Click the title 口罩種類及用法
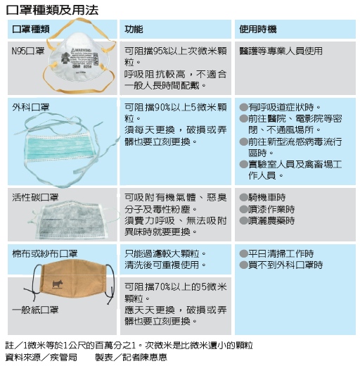[52, 10]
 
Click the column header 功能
[134, 30]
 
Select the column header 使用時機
[258, 30]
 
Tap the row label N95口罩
[28, 51]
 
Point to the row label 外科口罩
[31, 107]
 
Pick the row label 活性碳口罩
[35, 197]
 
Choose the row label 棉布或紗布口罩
[45, 253]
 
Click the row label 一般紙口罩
[35, 310]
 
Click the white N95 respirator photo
[79, 56]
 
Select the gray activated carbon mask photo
[70, 220]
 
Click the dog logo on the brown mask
[58, 284]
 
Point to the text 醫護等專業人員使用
[281, 51]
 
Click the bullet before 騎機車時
[244, 197]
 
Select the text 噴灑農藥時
[271, 220]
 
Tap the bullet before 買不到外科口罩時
[244, 265]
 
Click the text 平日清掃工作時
[281, 253]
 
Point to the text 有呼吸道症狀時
[285, 108]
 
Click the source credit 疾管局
[63, 358]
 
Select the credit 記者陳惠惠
[145, 358]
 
